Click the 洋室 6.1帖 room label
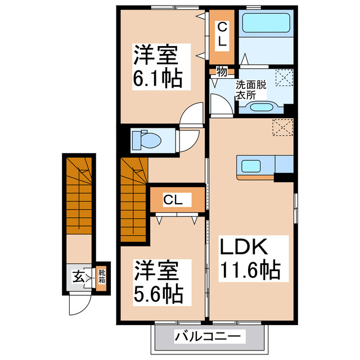pyautogui.click(x=157, y=66)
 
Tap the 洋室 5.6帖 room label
pyautogui.click(x=157, y=281)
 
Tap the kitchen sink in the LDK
pyautogui.click(x=251, y=166)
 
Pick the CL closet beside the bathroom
pyautogui.click(x=222, y=35)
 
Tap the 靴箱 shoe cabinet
pyautogui.click(x=102, y=277)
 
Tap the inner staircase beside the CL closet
pyautogui.click(x=134, y=200)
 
